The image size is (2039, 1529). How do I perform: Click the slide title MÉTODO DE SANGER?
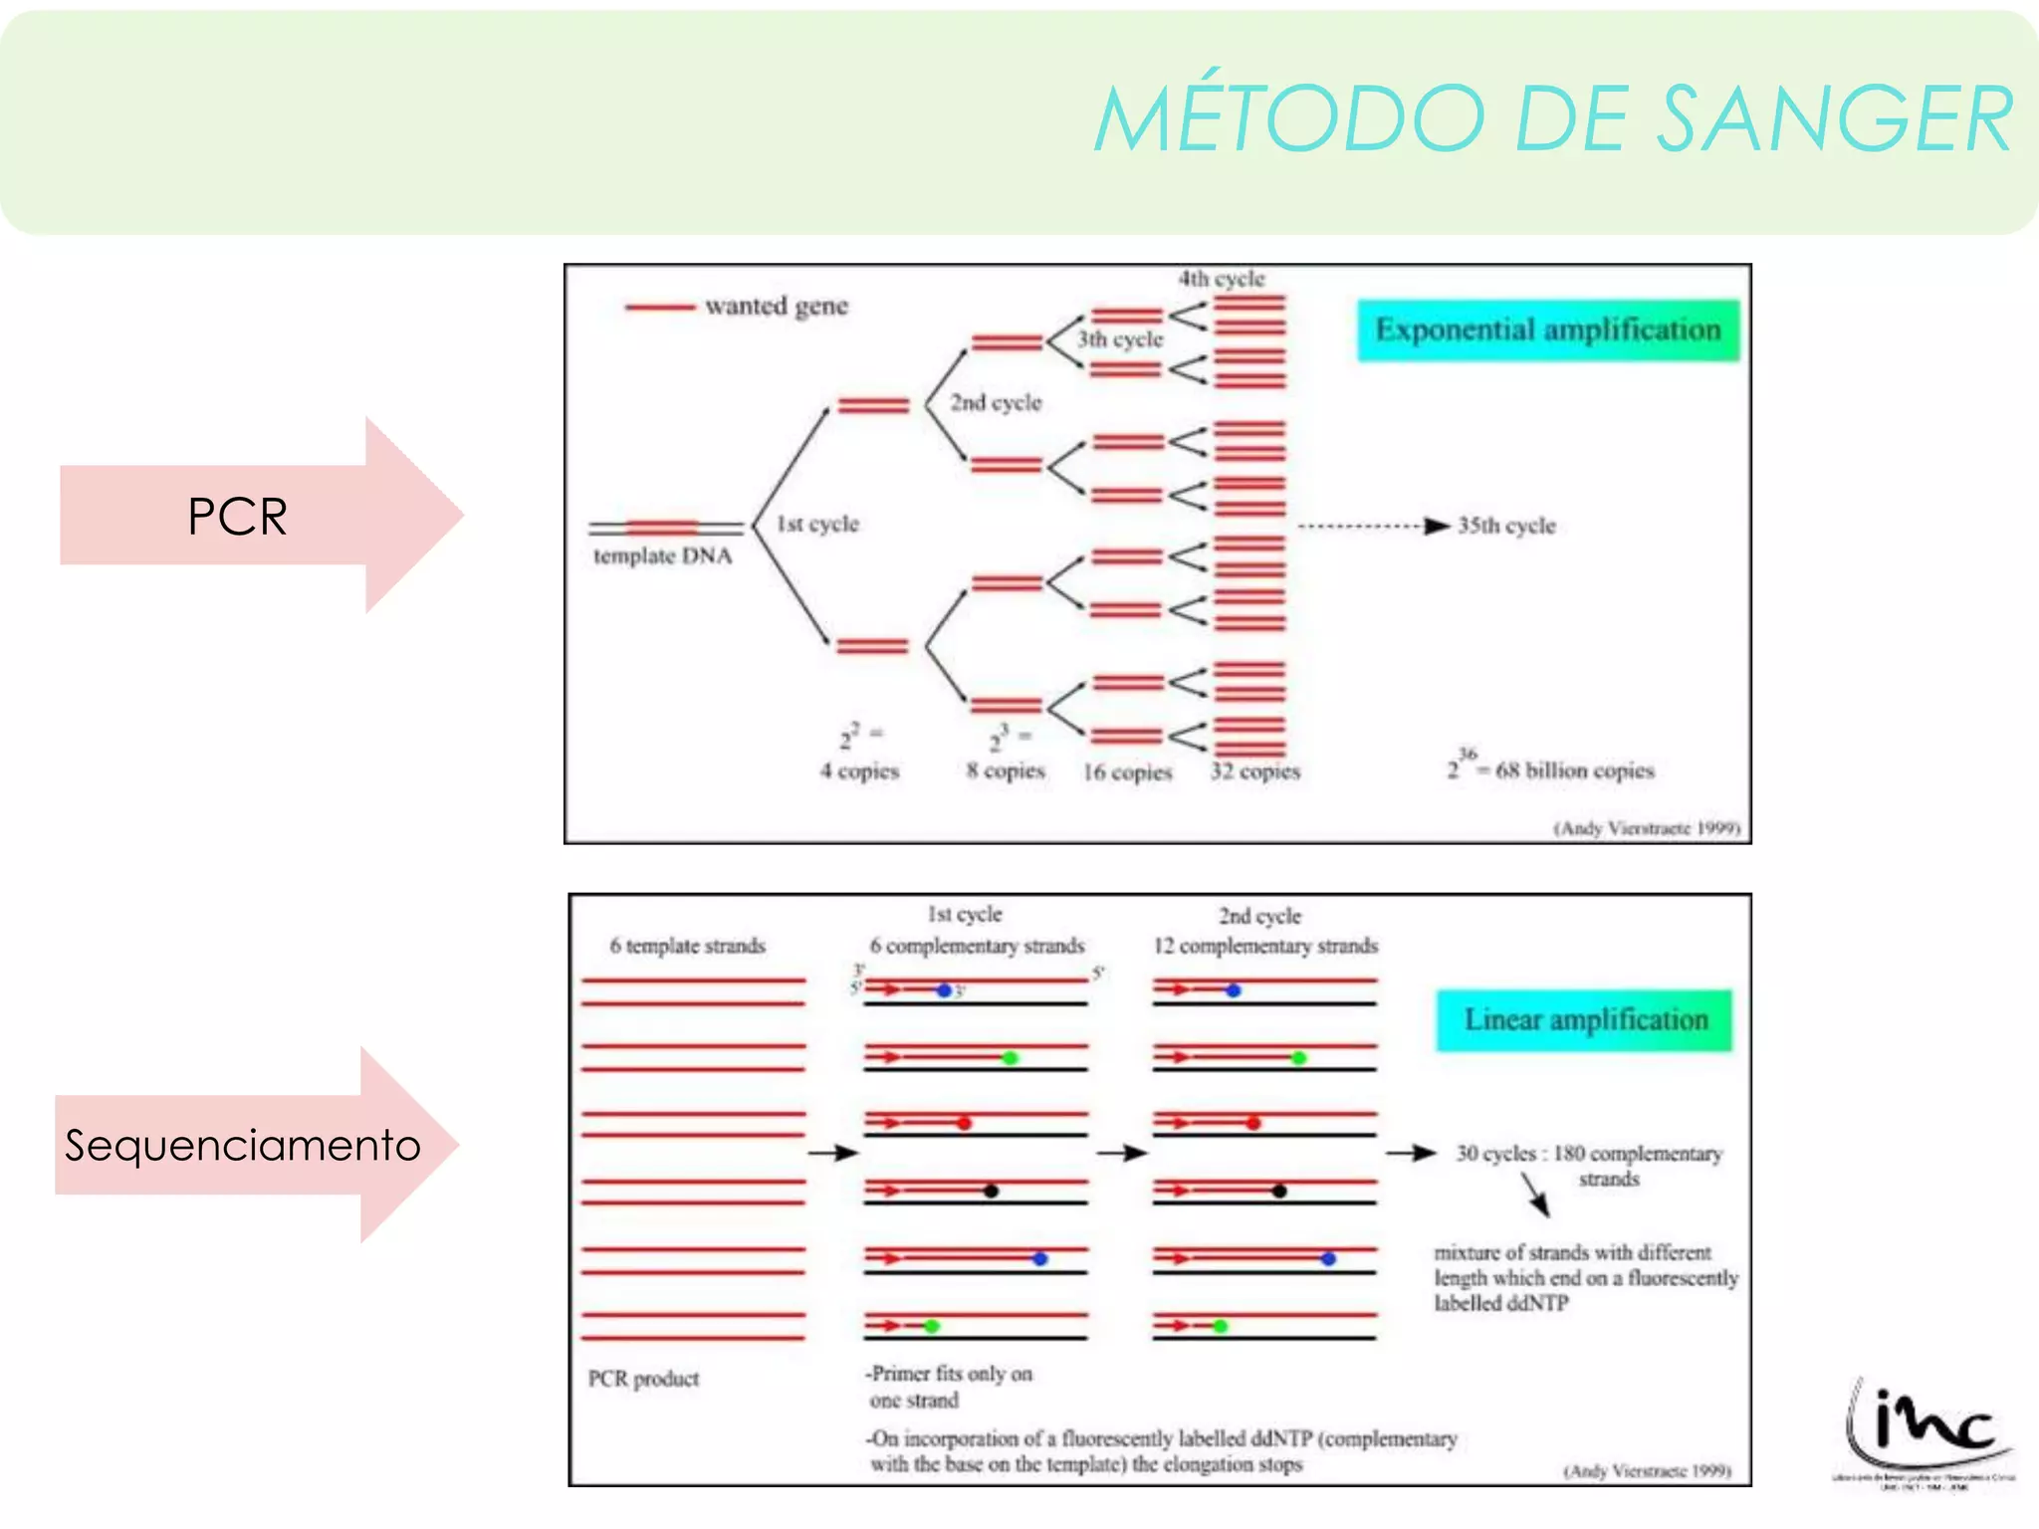tap(1553, 119)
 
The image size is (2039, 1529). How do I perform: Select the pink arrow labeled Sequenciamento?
tap(244, 1145)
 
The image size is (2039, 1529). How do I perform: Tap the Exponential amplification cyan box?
tap(1548, 330)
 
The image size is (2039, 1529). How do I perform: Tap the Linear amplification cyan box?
tap(1585, 1020)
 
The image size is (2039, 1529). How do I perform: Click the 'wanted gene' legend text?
tap(777, 307)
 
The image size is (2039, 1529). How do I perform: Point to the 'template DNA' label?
tap(662, 556)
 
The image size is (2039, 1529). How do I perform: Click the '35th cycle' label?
tap(1506, 526)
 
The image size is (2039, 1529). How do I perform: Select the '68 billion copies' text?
tap(1573, 770)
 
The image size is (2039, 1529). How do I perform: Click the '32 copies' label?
tap(1255, 771)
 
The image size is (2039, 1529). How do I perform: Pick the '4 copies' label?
tap(859, 771)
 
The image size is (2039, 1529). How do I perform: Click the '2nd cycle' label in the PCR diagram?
tap(996, 403)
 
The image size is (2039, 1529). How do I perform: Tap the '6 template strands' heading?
tap(687, 946)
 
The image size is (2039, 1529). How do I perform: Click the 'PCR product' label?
tap(643, 1379)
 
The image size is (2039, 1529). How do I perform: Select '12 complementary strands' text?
tap(1265, 946)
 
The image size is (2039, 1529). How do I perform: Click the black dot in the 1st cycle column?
tap(991, 1191)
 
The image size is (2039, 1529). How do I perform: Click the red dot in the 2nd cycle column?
tap(1253, 1124)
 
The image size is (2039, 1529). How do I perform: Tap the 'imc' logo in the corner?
tap(1926, 1428)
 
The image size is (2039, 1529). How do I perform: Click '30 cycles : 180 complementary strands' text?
tap(1589, 1165)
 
